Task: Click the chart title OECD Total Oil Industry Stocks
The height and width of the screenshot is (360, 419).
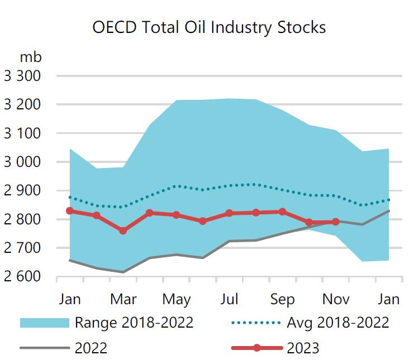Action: tap(209, 27)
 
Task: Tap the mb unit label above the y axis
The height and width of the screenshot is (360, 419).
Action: tap(31, 56)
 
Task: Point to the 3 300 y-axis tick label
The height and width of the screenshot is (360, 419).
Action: tap(22, 76)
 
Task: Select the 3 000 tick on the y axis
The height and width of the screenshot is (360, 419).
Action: tap(22, 162)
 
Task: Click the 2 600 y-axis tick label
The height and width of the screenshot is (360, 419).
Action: tap(22, 276)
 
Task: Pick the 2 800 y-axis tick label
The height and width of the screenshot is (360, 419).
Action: tap(22, 219)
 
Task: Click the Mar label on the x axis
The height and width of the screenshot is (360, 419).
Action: tap(123, 299)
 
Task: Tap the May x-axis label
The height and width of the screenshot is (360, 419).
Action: tap(177, 299)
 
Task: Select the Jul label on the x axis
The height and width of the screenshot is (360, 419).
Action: tap(230, 299)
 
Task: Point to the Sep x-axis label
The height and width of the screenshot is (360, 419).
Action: tap(283, 299)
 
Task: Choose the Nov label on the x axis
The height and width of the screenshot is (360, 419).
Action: tap(336, 299)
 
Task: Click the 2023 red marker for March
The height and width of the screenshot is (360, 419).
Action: tap(123, 231)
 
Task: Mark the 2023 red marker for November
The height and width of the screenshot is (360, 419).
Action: tap(335, 222)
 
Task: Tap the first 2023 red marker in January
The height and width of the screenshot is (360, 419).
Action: tap(70, 211)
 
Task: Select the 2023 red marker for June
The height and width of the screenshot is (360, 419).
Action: tap(203, 221)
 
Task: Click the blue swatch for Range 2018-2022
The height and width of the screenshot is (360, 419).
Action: tap(44, 323)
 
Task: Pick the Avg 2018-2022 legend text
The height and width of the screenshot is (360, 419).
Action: tap(338, 322)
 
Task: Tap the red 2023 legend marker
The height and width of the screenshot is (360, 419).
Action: tap(256, 348)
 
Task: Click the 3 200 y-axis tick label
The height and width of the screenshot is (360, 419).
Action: tap(22, 104)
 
